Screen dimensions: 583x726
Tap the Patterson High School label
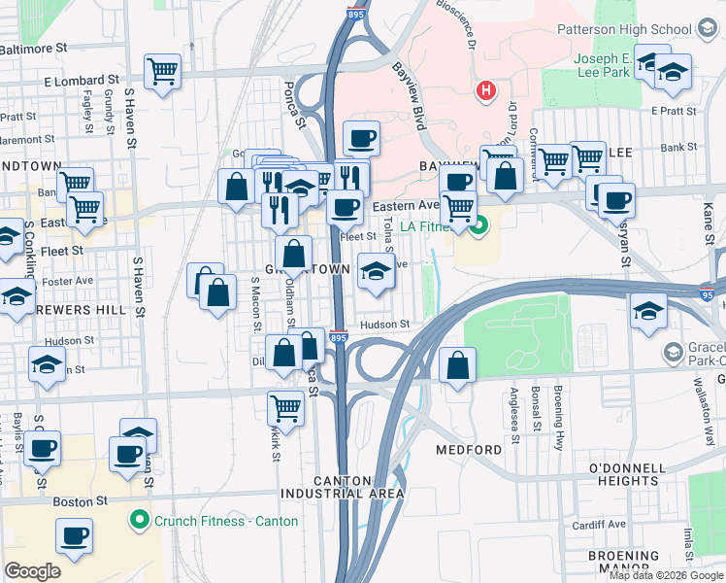tap(644, 30)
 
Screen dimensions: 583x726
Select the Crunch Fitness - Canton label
tap(214, 521)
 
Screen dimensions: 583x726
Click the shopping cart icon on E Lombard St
tap(163, 70)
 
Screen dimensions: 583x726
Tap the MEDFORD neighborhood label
tap(469, 450)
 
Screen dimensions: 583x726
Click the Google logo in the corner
tap(32, 570)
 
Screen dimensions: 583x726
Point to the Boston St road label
tap(80, 501)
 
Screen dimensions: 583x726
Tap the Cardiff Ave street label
tap(604, 524)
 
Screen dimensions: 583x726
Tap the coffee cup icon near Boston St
tap(74, 534)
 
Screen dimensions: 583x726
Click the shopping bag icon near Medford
tap(457, 366)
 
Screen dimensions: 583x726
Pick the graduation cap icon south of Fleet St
tap(375, 271)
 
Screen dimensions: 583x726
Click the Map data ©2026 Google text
tap(667, 575)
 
